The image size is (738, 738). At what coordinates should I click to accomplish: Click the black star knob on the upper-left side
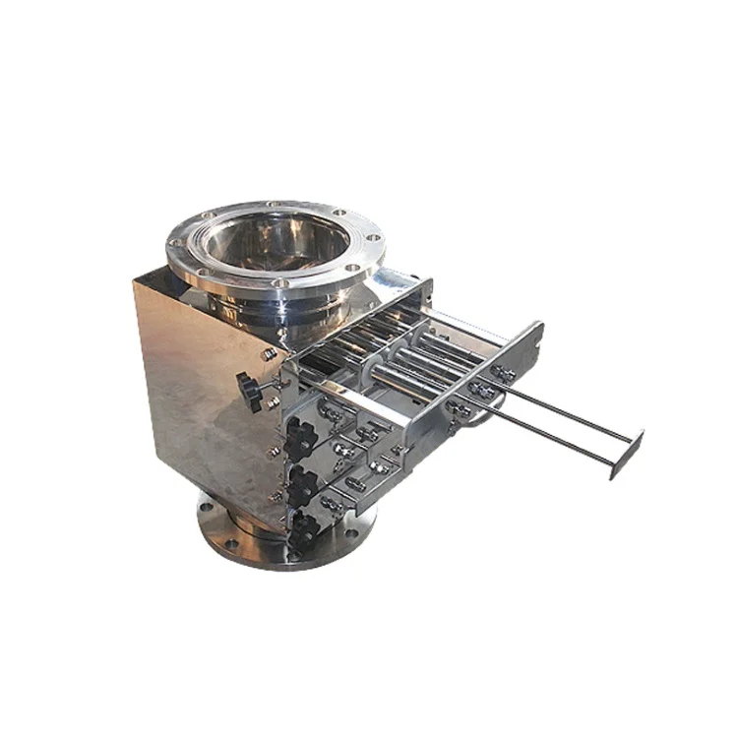[251, 391]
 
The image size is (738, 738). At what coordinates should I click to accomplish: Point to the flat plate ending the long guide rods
[626, 454]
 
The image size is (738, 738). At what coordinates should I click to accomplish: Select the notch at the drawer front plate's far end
[537, 330]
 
